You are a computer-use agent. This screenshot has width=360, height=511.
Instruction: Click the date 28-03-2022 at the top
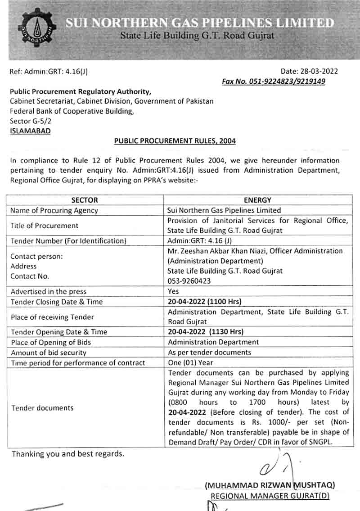pos(309,71)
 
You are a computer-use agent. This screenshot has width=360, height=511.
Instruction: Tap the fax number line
pos(273,81)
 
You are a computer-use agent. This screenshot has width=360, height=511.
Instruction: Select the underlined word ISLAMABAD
pos(30,131)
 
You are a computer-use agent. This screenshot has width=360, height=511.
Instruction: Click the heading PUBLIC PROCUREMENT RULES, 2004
pos(175,141)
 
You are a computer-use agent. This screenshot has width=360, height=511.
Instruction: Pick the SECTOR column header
pos(85,200)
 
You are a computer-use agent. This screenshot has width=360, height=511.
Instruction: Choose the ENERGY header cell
pos(257,200)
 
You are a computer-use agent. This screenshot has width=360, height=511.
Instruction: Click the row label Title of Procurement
pos(45,226)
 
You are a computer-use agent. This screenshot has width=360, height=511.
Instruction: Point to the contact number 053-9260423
pos(189,281)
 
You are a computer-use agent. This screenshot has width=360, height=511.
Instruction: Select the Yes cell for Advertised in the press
pos(173,291)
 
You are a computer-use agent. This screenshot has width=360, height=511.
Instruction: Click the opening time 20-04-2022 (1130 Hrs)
pos(205,332)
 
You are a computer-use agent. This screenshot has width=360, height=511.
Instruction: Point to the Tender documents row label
pos(42,408)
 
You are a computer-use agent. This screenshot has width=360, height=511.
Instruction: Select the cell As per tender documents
pos(209,353)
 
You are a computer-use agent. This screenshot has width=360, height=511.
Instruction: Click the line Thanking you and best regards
pos(67,454)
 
